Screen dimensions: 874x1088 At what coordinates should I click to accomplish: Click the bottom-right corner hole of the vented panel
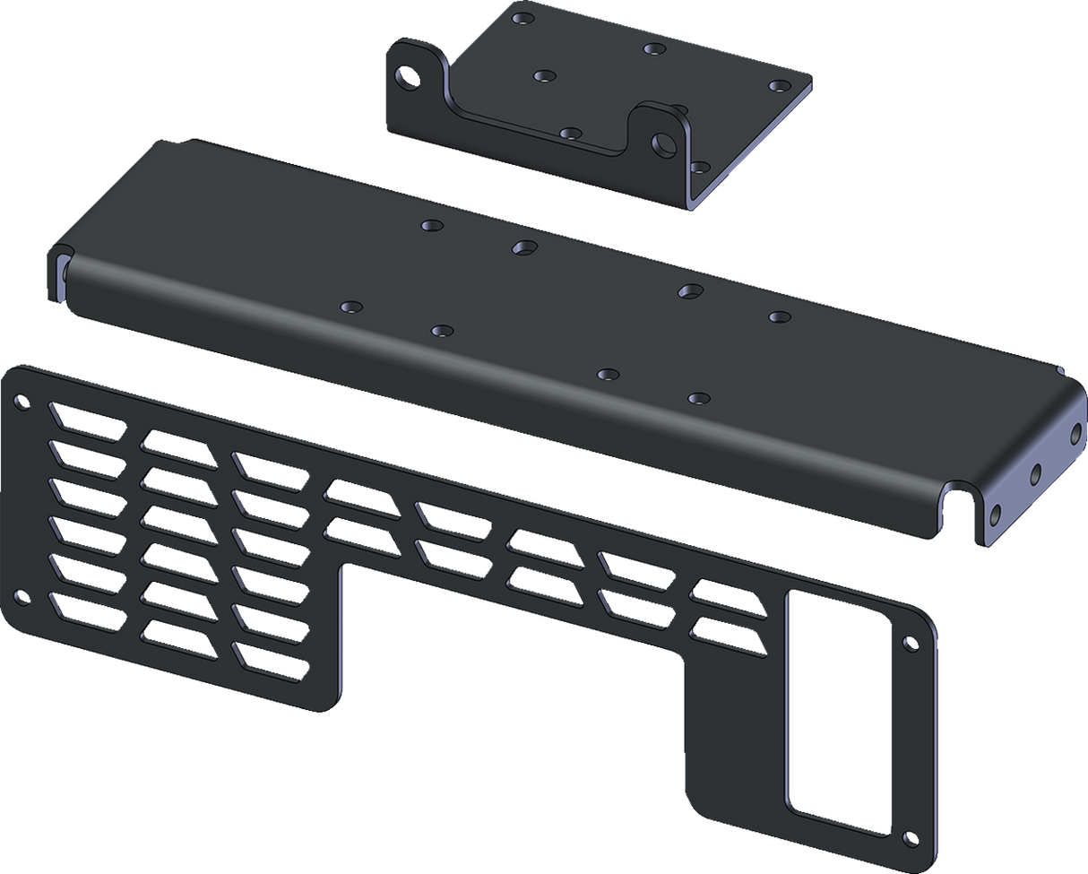click(x=911, y=840)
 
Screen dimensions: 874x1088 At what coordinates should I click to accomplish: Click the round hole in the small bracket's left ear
click(x=410, y=77)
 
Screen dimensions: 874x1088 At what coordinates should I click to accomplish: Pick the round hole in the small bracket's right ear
click(x=665, y=143)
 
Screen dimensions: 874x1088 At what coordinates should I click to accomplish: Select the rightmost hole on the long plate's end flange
click(x=1077, y=433)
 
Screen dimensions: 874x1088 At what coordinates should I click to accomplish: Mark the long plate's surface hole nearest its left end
click(x=350, y=307)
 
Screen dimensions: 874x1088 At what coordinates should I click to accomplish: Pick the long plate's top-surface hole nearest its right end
click(x=779, y=316)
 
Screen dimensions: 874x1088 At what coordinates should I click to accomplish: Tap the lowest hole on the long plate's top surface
click(x=698, y=397)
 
